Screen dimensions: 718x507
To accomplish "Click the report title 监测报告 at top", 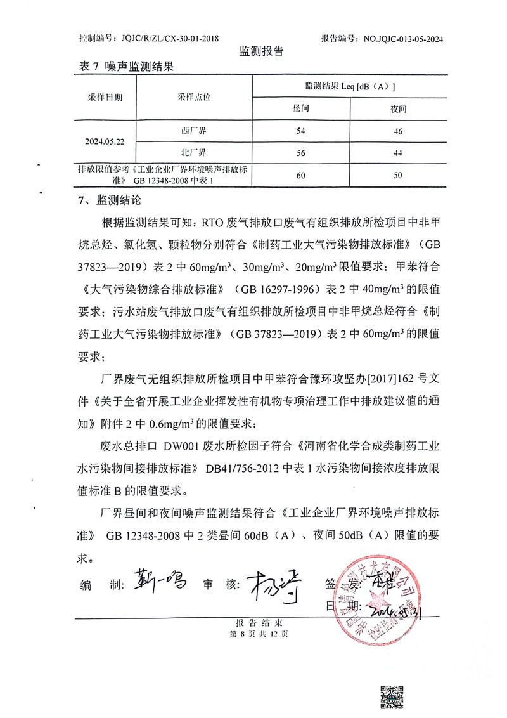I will point(261,51).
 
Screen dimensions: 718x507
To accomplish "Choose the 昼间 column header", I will point(301,109).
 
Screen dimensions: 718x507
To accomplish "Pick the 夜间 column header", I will point(398,109).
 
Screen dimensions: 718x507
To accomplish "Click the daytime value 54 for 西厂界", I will point(301,131).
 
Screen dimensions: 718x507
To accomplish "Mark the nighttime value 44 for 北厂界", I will point(398,152).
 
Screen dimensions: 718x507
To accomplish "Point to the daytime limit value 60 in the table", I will point(301,174).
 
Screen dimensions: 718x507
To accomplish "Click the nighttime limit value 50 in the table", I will point(398,174).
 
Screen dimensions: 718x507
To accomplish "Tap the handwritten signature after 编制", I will point(158,579).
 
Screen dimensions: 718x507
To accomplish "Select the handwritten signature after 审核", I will point(271,580).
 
